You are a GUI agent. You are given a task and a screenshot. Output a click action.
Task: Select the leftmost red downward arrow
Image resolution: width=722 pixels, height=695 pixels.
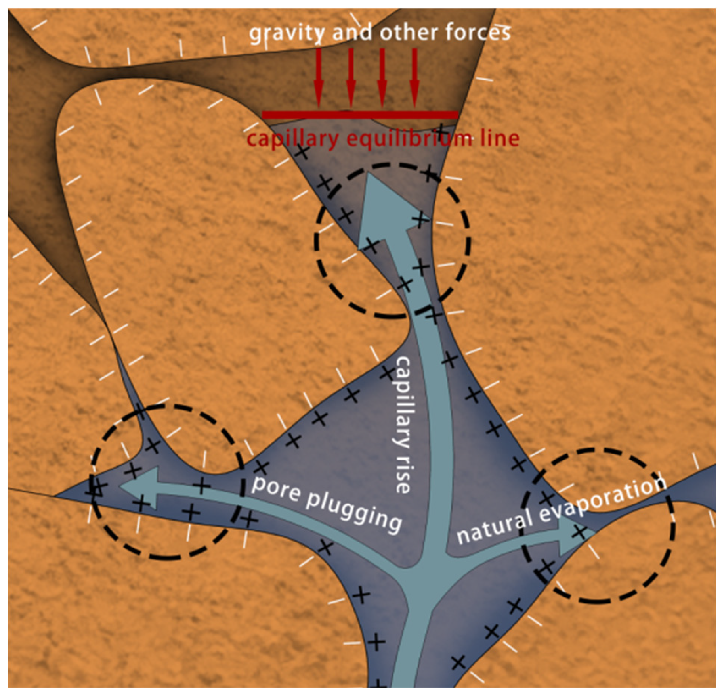coord(319,77)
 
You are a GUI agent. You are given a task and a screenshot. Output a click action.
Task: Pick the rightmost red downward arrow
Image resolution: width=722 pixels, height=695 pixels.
coord(414,77)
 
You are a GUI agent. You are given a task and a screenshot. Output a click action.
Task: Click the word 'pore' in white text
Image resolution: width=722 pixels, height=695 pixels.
coord(276,488)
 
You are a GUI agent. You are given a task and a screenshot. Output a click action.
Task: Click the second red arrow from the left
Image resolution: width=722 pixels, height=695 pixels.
coord(351,77)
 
